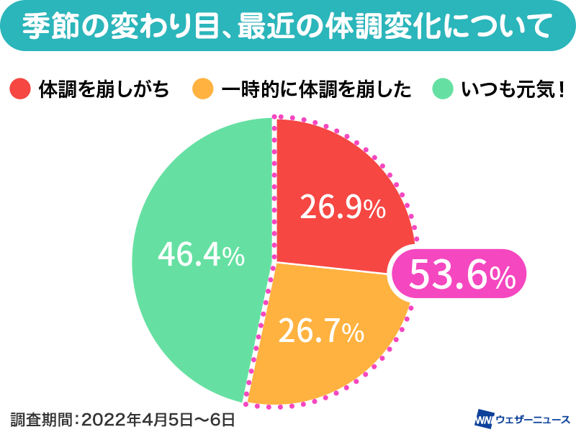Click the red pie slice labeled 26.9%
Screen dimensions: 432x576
point(338,173)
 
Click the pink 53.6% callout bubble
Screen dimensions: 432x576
point(461,274)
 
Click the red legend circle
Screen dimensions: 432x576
point(19,90)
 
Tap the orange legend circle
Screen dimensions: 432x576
point(203,90)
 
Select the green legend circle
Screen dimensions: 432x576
point(441,90)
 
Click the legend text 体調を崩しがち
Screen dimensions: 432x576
point(104,90)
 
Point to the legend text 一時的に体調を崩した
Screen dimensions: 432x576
point(316,90)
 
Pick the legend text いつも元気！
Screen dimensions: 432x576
point(513,90)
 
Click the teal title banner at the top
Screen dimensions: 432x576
point(288,27)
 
